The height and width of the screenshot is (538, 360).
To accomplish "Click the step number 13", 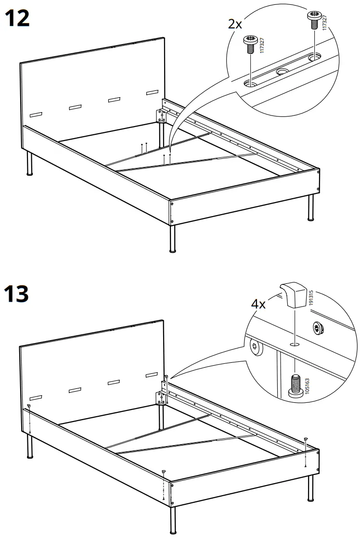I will [x=17, y=294].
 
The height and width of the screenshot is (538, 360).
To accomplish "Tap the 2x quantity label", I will [x=235, y=24].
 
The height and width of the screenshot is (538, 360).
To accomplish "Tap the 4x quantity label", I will [x=258, y=304].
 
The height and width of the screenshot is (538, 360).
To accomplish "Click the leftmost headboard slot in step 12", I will [x=37, y=115].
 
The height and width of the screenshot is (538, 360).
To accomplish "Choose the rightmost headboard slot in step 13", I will [x=152, y=373].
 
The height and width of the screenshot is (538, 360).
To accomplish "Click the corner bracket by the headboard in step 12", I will [x=158, y=116].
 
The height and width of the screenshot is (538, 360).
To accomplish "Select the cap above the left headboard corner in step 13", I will [x=29, y=406].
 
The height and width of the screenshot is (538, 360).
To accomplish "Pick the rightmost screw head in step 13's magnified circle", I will [x=318, y=330].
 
